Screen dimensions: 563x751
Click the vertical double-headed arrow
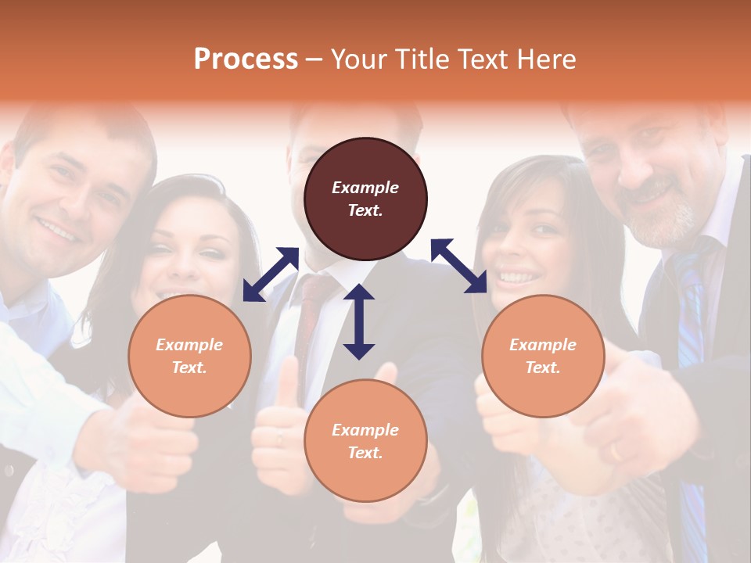359,321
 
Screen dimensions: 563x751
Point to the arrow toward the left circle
271,274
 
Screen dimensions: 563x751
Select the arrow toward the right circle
458,266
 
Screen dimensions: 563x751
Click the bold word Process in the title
246,59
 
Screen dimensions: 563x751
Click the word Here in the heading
545,59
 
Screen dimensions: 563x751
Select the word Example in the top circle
365,188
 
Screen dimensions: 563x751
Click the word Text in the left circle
189,368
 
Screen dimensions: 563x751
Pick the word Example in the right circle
543,345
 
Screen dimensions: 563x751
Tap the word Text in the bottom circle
365,453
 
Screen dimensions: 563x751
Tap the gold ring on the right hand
615,452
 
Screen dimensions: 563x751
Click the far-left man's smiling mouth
59,229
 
